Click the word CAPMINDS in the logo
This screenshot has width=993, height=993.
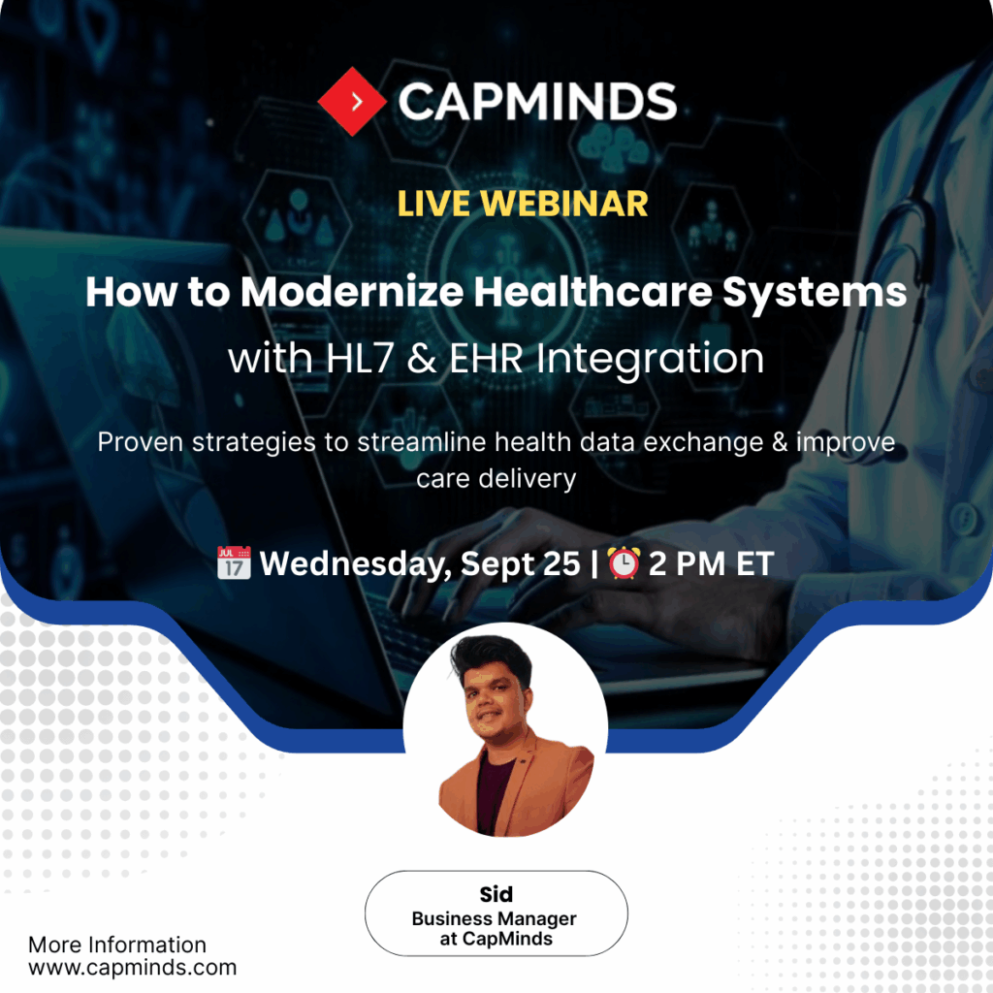point(536,102)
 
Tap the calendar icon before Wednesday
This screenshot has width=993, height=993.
point(233,563)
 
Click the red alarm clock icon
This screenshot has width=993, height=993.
point(623,563)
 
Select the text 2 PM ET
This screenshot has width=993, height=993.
point(710,563)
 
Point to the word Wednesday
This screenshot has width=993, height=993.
point(354,563)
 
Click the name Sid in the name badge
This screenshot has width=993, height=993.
point(496,895)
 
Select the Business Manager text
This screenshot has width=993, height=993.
point(495,918)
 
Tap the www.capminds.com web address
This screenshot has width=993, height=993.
point(132,967)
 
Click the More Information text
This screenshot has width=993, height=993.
point(116,945)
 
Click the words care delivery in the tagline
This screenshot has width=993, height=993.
point(496,478)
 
